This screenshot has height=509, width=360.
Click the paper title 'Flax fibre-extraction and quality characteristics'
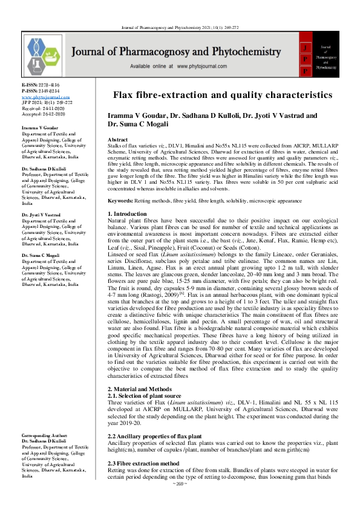point(223,95)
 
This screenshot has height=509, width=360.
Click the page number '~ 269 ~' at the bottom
point(180,501)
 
